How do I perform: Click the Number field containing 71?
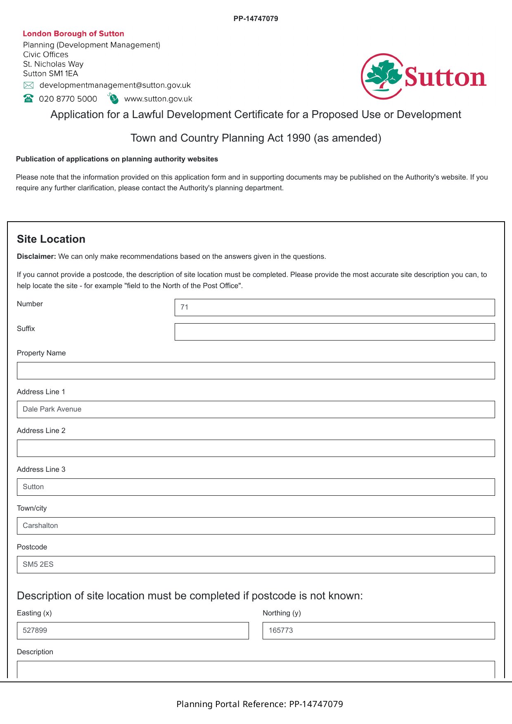(334, 308)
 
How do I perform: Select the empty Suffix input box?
(334, 332)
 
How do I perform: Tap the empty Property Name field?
(256, 371)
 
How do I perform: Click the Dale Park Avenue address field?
(256, 409)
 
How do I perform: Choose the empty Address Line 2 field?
(256, 448)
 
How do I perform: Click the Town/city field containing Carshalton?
(256, 526)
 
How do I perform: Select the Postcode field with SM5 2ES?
(256, 565)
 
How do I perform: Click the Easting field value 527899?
(133, 631)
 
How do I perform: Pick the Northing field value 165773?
(378, 631)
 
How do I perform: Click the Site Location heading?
(51, 239)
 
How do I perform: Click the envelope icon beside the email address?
(28, 85)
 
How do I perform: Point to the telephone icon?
(28, 98)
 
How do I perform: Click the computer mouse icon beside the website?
(113, 98)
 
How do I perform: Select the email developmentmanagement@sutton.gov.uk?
(115, 85)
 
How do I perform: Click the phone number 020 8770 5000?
(68, 99)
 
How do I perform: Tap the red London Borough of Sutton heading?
(73, 34)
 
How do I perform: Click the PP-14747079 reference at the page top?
(256, 19)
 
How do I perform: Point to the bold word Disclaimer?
(36, 256)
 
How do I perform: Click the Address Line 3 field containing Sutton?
(256, 487)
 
